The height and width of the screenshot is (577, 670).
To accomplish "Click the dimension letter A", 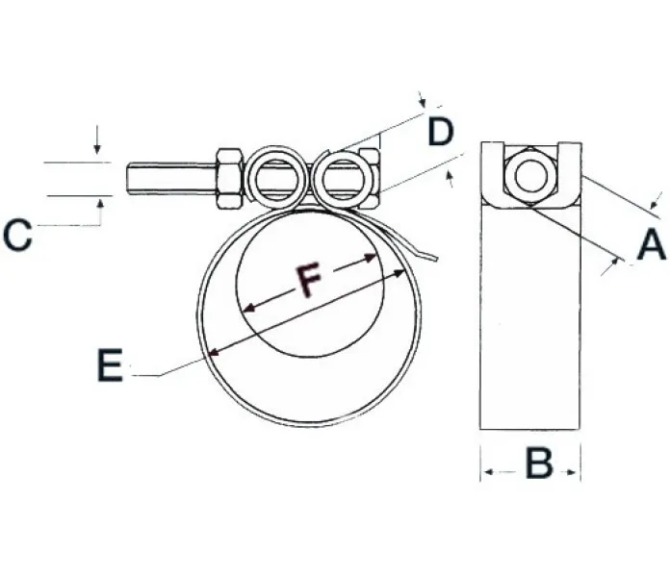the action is tap(651, 243).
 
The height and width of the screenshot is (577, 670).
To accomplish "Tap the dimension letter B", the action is tap(539, 463).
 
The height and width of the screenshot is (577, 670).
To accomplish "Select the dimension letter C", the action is tap(17, 235).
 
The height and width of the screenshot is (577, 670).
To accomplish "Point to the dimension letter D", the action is tap(441, 132).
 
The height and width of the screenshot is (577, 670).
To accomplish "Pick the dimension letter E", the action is tap(111, 364).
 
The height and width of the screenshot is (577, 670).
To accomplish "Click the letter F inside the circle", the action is tap(309, 280).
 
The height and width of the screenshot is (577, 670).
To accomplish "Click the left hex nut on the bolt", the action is tap(230, 179).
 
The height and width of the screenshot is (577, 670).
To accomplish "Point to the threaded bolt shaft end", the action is tap(171, 179).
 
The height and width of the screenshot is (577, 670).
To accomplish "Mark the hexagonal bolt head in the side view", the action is tap(530, 176).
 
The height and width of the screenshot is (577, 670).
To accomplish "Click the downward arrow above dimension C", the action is tap(97, 139).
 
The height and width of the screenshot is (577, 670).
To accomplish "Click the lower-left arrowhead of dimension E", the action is tap(214, 352).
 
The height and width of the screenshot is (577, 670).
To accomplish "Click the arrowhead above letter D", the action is tap(423, 101).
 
